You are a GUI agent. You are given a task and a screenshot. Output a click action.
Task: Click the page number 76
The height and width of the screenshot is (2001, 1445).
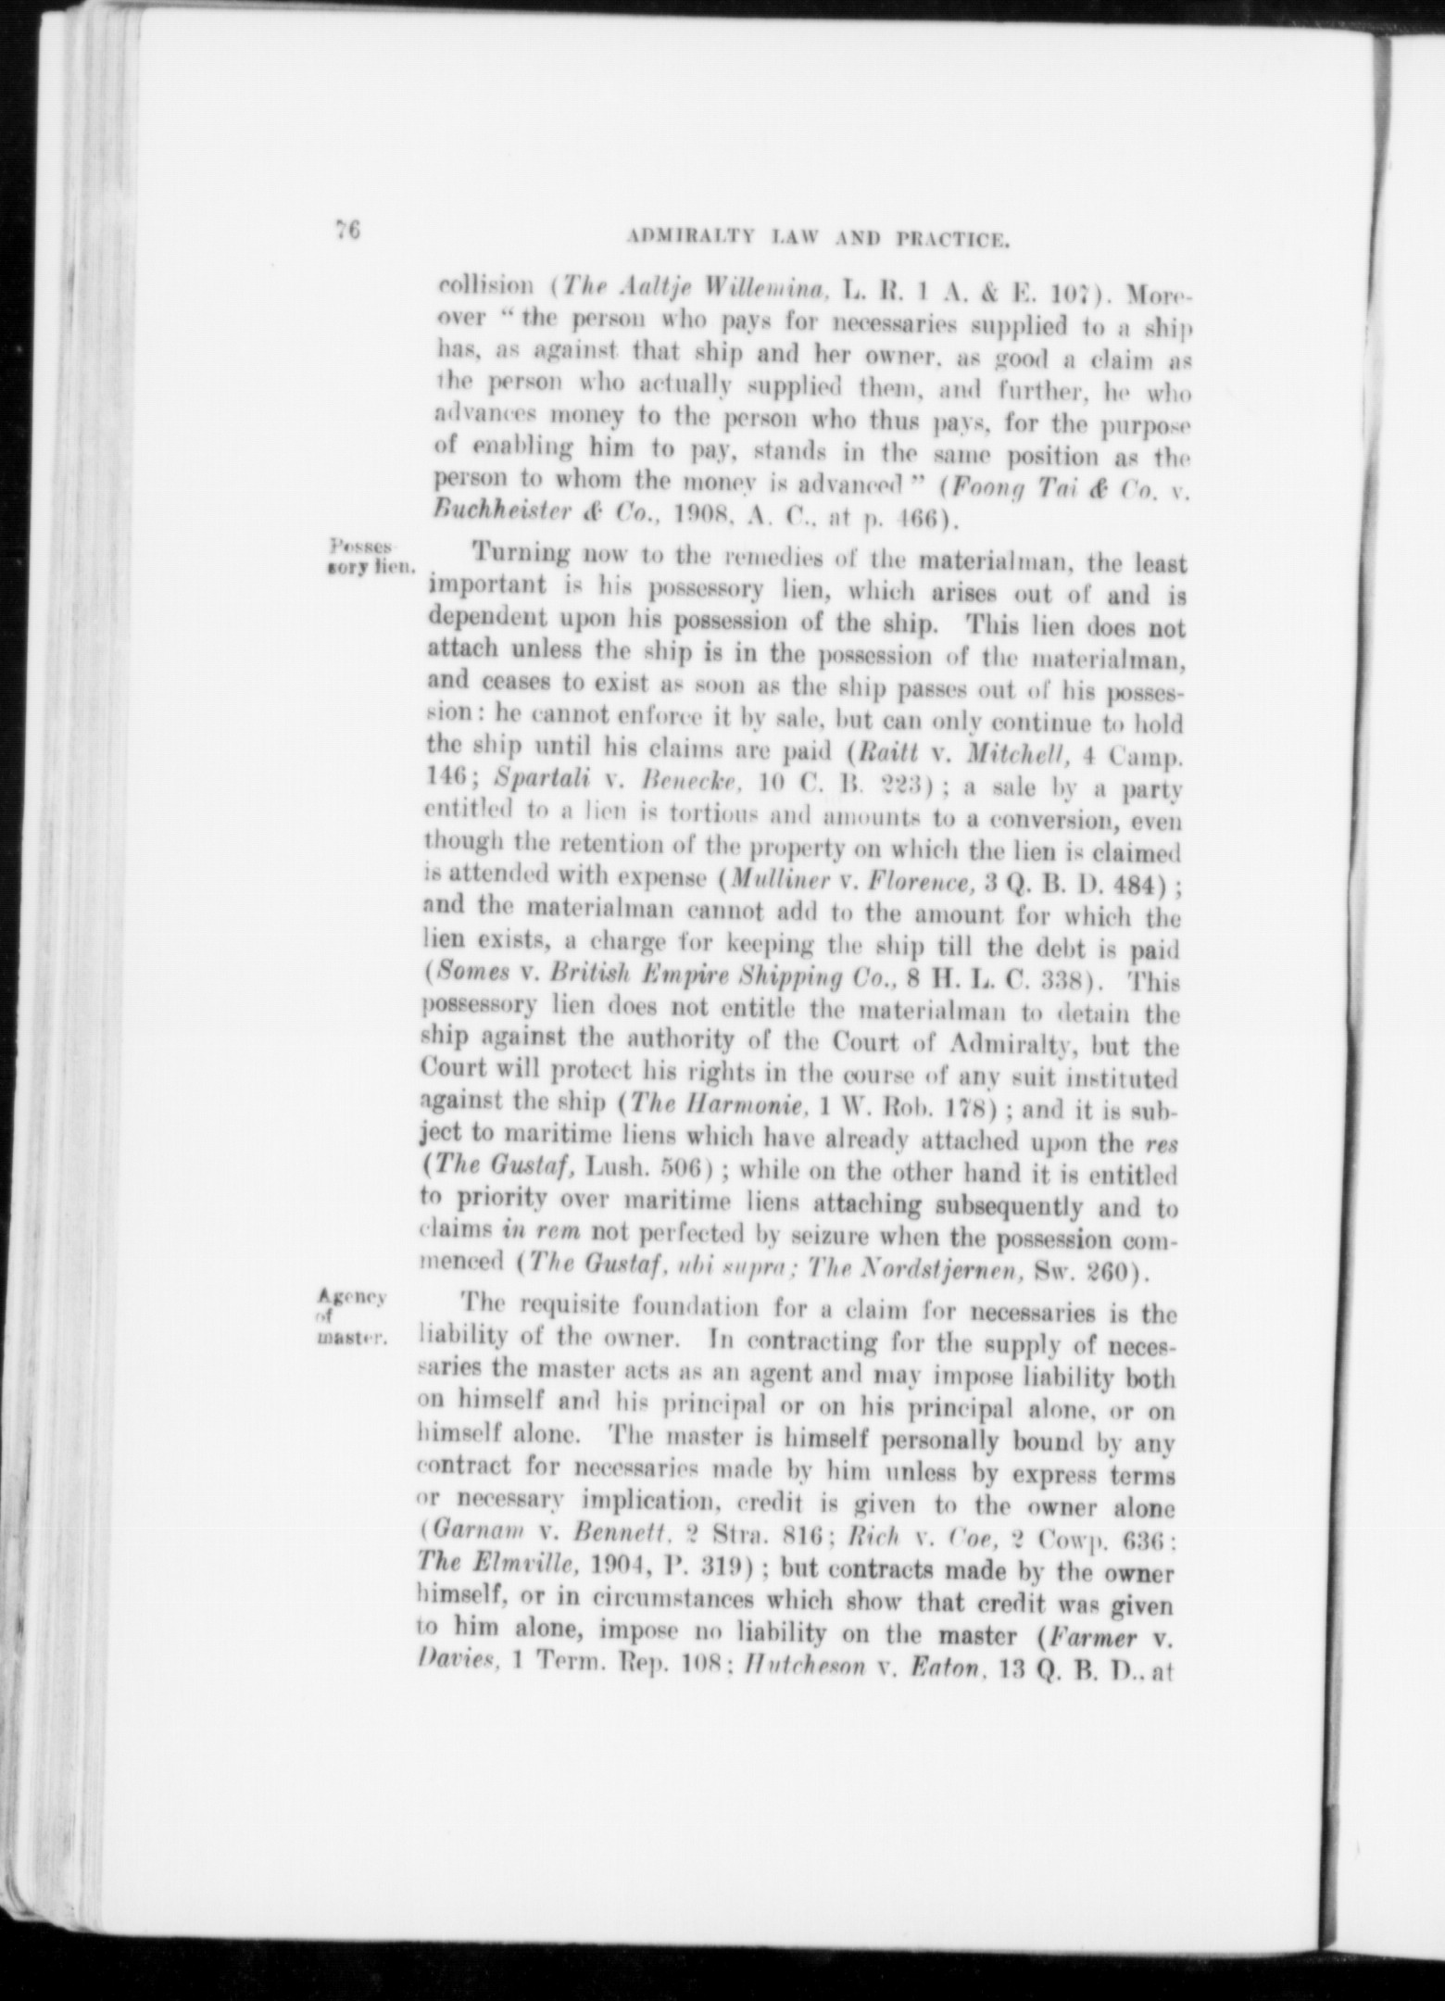click(348, 231)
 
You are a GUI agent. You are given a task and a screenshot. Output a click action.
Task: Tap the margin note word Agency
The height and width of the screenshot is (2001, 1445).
click(353, 1295)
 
